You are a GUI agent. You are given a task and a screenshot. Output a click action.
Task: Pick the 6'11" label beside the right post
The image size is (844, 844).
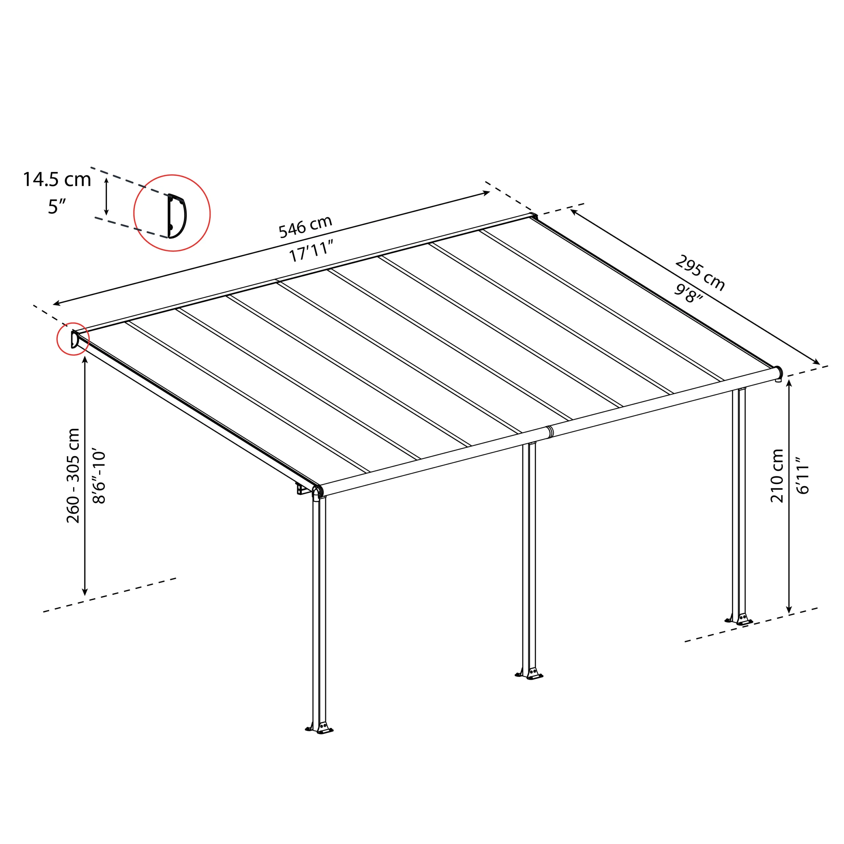802,476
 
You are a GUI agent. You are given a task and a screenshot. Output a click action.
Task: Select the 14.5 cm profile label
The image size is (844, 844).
57,180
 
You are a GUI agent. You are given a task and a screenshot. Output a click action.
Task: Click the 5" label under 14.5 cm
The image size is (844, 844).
57,207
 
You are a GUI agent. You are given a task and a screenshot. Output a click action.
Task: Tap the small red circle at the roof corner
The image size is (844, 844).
73,339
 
